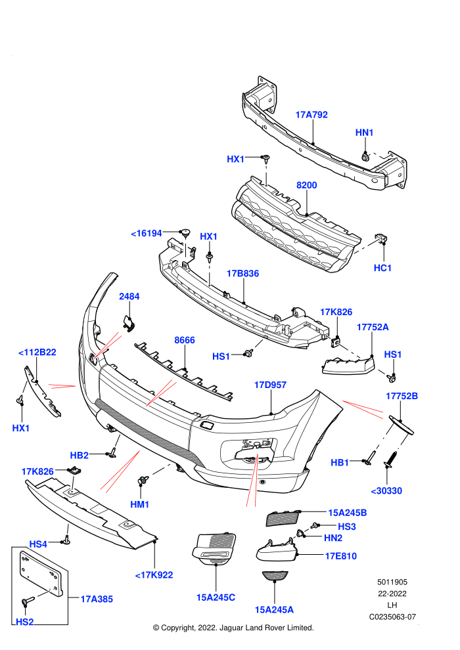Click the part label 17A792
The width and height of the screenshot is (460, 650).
point(311,115)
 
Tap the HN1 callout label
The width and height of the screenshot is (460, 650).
point(364,133)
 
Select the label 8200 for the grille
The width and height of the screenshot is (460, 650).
point(306,185)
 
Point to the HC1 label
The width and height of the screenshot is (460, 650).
point(382,268)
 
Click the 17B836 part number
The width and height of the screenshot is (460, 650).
point(242,274)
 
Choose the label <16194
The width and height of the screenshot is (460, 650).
point(146,233)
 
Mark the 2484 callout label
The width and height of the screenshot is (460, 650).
point(129,296)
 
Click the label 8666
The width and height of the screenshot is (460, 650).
point(185,340)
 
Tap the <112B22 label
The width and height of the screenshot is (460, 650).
point(37,353)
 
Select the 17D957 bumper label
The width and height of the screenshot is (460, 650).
point(270,385)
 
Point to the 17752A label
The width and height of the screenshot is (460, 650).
point(373,327)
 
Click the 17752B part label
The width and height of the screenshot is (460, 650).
point(402,396)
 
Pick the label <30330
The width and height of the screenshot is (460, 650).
point(386,491)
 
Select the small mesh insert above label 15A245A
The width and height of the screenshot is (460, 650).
point(275,576)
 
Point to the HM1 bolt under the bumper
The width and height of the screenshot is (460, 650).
point(143,481)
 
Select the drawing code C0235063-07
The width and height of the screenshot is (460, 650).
point(392,617)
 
